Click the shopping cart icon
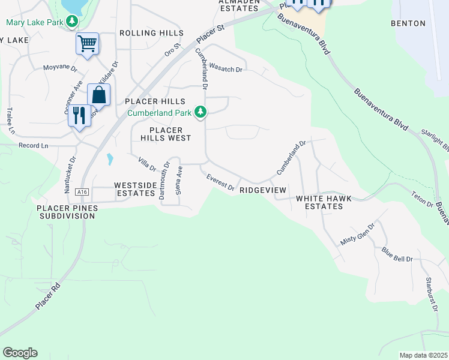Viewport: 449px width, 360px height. point(87,43)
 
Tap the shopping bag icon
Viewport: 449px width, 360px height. point(98,95)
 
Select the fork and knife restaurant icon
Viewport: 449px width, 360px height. point(79,115)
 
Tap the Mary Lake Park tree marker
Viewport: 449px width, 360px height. point(72,23)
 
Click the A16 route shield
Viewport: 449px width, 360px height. point(82,192)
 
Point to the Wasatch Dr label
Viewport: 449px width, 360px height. point(226,70)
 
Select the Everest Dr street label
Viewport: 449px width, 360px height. point(220,182)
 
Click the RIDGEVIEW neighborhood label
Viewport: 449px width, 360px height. point(262,190)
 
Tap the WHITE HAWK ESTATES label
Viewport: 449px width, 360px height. point(319,202)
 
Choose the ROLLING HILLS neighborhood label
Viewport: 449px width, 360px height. point(151,33)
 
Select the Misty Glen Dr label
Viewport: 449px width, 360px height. point(357,235)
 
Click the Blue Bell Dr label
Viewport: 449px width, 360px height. point(397,255)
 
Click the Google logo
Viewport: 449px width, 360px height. point(20,353)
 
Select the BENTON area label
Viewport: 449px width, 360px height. point(408,24)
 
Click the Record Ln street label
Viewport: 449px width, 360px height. point(33,146)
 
